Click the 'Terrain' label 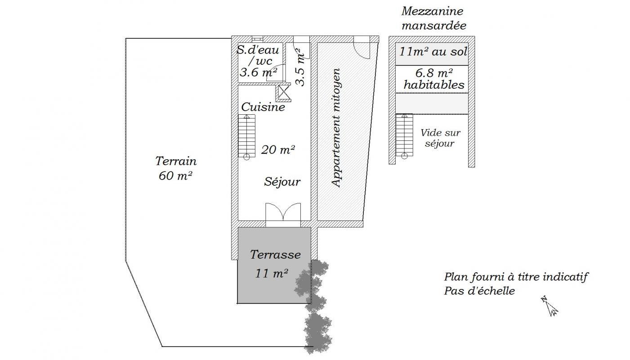pos(176,161)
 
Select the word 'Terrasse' pos(275,255)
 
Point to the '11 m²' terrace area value pos(272,273)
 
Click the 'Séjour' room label pos(282,182)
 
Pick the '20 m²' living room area pos(278,150)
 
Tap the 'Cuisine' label pos(263,107)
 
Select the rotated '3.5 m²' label pos(300,67)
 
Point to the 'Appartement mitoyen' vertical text pos(336,128)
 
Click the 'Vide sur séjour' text pos(440,138)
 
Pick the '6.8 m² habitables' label pos(434,79)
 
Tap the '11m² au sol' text pos(433,52)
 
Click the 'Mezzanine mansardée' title pos(433,18)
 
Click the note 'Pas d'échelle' pos(479,291)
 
